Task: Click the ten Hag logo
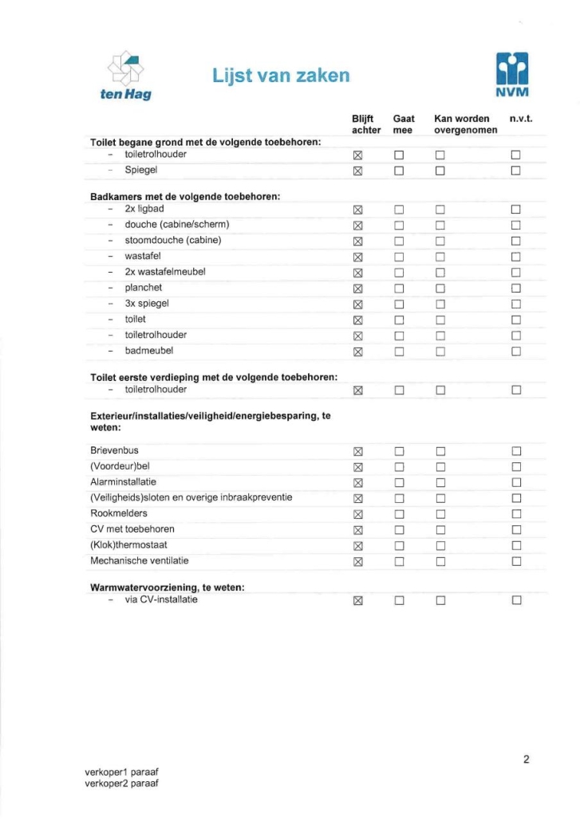point(126,76)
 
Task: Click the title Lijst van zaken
point(281,76)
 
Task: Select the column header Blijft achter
point(366,124)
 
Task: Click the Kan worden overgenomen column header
point(466,124)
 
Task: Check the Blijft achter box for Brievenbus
point(358,452)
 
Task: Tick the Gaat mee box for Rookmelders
point(399,514)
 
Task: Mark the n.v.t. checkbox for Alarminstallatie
point(516,483)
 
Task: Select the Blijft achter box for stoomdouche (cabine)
point(358,241)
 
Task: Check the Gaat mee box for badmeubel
point(399,351)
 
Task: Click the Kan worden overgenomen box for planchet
point(440,289)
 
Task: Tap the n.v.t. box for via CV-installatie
point(516,600)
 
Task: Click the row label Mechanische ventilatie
point(140,560)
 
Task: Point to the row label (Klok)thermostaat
point(129,545)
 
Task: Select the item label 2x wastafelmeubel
point(165,272)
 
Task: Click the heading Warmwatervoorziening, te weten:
point(167,587)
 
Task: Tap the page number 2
point(526,759)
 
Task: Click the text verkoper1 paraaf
point(121,772)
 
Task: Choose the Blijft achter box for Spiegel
point(358,171)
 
